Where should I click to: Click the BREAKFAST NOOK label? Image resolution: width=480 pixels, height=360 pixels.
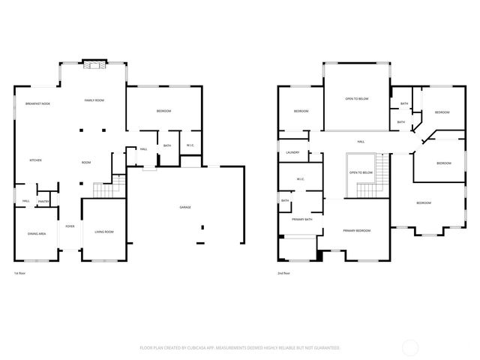click(37, 103)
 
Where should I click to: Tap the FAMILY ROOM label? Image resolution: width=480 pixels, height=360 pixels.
click(94, 100)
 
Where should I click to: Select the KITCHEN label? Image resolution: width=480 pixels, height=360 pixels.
click(35, 160)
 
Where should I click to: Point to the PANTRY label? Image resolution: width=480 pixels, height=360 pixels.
click(43, 201)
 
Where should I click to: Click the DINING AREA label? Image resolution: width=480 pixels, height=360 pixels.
click(37, 234)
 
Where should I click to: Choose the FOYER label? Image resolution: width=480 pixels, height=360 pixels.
click(70, 226)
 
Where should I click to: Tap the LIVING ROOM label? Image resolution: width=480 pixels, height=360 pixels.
click(103, 232)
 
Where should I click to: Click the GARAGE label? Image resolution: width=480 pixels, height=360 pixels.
click(184, 207)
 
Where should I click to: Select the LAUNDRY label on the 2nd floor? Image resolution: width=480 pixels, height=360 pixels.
click(292, 152)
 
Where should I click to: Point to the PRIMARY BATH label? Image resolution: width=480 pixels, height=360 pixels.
click(302, 219)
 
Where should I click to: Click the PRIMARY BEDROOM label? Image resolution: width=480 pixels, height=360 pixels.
click(357, 230)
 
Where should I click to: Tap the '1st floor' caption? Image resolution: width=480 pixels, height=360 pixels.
click(20, 274)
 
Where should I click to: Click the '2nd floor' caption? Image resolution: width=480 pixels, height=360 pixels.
click(283, 274)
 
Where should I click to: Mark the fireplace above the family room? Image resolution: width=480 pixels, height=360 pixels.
click(94, 65)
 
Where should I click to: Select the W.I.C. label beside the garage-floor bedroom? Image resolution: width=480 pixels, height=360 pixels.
click(190, 145)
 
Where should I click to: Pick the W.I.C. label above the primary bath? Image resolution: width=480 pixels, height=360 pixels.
click(300, 178)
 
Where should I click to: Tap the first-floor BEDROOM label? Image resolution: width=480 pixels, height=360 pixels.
click(163, 111)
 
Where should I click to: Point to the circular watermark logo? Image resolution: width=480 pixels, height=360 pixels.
click(410, 346)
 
